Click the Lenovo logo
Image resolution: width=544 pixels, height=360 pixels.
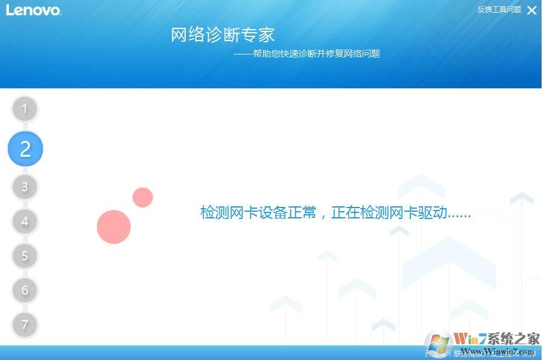(x=33, y=10)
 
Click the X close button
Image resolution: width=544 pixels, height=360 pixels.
(x=531, y=10)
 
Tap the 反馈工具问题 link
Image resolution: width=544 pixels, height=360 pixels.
(x=499, y=10)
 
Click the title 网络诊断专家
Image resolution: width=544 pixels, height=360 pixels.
(x=223, y=34)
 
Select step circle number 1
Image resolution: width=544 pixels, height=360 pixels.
(x=25, y=110)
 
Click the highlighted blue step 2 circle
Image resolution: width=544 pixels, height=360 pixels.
(x=25, y=149)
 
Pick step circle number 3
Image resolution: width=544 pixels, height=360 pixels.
(x=25, y=187)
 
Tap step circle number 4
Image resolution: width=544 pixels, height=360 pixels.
(x=25, y=221)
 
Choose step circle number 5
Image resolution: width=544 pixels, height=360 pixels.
(x=25, y=256)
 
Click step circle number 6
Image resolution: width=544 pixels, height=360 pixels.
(x=25, y=290)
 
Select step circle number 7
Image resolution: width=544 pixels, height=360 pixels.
(x=25, y=325)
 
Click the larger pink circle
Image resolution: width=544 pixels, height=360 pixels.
(x=114, y=227)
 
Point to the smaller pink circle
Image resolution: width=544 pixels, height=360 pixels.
(x=143, y=197)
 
